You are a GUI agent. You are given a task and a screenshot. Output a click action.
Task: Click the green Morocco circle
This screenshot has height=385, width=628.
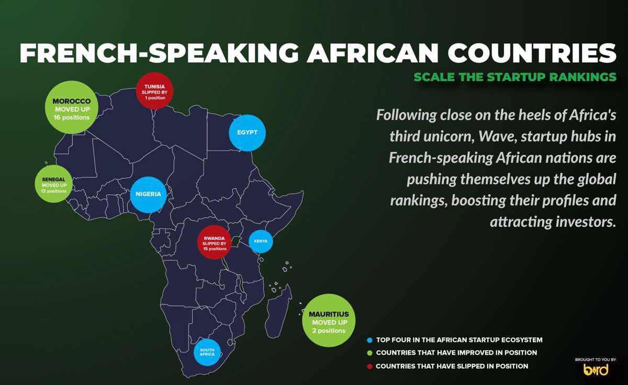(72, 107)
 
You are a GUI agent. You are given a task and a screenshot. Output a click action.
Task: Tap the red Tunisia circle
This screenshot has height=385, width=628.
(154, 91)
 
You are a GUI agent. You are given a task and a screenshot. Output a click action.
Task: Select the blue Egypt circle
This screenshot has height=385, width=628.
(247, 133)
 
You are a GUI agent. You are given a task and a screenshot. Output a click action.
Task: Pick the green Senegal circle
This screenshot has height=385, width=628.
(53, 184)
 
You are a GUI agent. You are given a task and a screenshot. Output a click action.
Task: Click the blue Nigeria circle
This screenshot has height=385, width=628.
(148, 194)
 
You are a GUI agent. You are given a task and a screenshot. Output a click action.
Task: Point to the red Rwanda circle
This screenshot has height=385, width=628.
(215, 242)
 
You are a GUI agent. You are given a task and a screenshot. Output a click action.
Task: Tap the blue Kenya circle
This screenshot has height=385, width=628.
(261, 241)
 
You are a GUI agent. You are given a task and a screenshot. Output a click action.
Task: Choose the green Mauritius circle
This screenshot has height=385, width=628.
(329, 320)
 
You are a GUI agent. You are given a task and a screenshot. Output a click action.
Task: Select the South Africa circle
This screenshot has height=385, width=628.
(207, 352)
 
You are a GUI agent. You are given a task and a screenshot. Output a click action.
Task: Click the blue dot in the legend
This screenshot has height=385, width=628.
(370, 340)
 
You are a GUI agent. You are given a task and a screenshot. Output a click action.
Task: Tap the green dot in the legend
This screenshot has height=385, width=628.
(370, 353)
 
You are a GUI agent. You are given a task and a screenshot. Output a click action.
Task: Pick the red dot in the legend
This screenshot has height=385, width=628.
(370, 366)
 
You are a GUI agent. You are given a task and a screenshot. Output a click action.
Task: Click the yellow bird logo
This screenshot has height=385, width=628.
(596, 370)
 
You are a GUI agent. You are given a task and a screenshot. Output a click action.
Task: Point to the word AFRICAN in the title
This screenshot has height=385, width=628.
(372, 53)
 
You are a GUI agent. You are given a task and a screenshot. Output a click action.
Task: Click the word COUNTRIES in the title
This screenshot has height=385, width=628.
(532, 53)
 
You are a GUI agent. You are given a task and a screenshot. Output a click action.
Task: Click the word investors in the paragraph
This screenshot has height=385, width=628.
(582, 222)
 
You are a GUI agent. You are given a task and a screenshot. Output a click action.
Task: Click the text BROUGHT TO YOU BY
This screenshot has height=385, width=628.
(596, 359)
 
